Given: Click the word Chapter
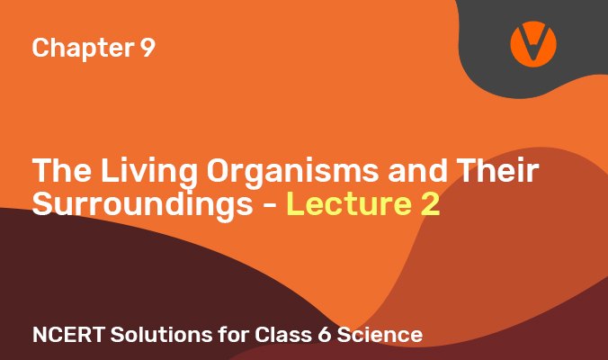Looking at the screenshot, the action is tap(84, 48).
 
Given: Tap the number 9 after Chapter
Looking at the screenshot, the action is tap(148, 48).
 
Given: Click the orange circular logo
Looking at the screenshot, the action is tap(533, 44).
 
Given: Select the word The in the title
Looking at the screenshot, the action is tap(62, 170).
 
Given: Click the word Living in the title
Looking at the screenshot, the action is tap(149, 173).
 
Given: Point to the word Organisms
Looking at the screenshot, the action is tap(292, 173).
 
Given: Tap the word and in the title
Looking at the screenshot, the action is tap(418, 170).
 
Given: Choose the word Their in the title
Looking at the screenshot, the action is tap(498, 170).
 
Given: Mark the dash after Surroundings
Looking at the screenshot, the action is tap(270, 205).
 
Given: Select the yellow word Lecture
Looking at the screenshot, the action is tap(349, 203).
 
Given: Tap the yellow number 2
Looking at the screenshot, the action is tap(430, 203).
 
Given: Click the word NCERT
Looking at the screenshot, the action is tap(68, 335).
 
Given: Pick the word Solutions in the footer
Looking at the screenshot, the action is tap(161, 335).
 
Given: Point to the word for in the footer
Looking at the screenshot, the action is tap(234, 334).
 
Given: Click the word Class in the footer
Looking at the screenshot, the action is tap(283, 335).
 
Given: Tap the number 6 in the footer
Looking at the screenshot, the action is tap(324, 335).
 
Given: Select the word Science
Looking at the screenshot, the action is tap(380, 335).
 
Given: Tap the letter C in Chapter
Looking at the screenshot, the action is tap(41, 48).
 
